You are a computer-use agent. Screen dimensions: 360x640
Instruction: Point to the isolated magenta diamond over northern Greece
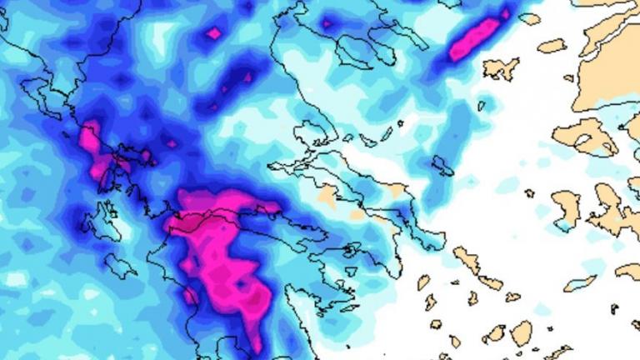click(x=214, y=33)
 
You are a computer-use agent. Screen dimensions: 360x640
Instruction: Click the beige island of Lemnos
click(x=500, y=68)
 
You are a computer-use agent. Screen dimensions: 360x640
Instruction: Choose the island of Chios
click(x=567, y=208)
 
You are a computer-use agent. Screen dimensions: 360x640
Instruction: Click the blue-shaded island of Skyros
click(x=442, y=166)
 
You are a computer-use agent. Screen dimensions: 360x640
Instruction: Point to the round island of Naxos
click(x=522, y=332)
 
